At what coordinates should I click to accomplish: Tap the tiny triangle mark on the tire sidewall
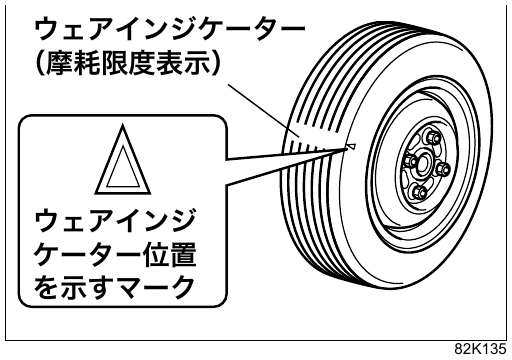[x=351, y=146]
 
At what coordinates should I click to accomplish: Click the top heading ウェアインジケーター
[x=170, y=30]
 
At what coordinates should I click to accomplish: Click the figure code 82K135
[x=480, y=349]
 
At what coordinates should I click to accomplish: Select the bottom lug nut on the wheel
[x=418, y=192]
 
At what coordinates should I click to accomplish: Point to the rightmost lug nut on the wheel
[x=443, y=167]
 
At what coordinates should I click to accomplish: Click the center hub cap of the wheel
[x=424, y=162]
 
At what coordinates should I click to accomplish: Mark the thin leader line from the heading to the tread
[x=264, y=110]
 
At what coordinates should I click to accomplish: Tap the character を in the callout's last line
[x=47, y=287]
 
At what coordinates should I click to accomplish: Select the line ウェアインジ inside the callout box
[x=114, y=221]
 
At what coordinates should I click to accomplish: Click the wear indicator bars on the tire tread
[x=312, y=140]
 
